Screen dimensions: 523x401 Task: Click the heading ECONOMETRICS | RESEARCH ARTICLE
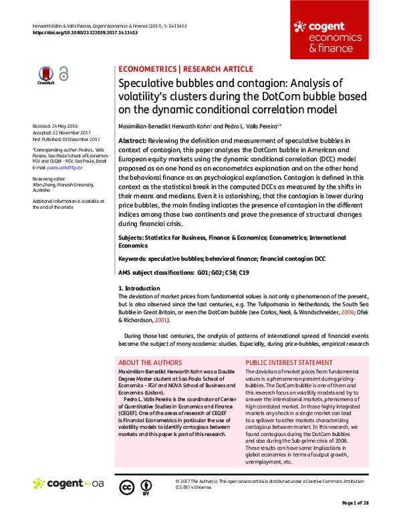coord(185,69)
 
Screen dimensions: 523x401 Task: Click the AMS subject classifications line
coord(184,273)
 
